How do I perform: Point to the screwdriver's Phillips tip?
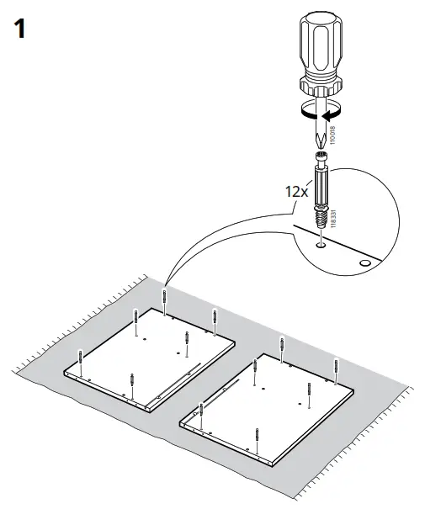pyautogui.click(x=319, y=134)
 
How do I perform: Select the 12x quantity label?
pyautogui.click(x=297, y=191)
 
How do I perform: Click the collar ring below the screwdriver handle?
pyautogui.click(x=321, y=87)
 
